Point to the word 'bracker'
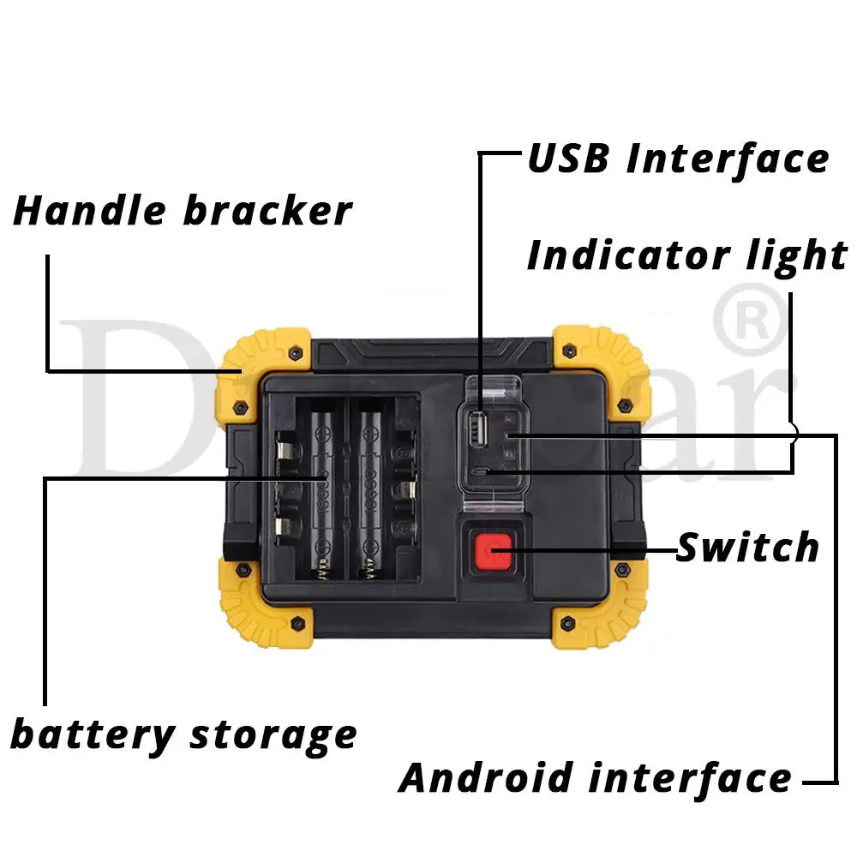click(267, 211)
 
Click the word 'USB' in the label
click(566, 159)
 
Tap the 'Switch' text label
click(747, 547)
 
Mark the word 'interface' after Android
click(690, 778)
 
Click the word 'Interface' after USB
click(728, 159)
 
